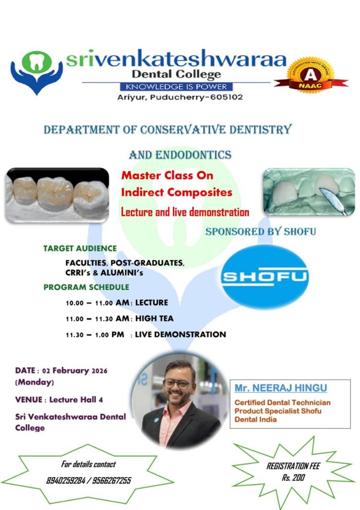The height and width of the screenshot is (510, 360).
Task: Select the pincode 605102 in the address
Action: pyautogui.click(x=226, y=97)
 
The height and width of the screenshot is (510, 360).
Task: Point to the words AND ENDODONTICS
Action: pyautogui.click(x=180, y=155)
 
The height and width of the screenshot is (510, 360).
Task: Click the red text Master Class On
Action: pyautogui.click(x=167, y=175)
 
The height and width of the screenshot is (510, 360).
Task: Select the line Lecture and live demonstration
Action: pyautogui.click(x=185, y=212)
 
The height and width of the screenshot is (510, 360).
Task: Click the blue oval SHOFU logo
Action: pyautogui.click(x=265, y=277)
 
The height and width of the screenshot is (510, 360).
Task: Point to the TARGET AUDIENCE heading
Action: pyautogui.click(x=80, y=248)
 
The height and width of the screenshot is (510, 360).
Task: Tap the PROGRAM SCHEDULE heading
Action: pyautogui.click(x=86, y=287)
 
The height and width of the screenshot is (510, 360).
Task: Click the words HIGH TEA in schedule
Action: pyautogui.click(x=154, y=318)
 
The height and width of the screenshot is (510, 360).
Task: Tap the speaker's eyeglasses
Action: pyautogui.click(x=178, y=384)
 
